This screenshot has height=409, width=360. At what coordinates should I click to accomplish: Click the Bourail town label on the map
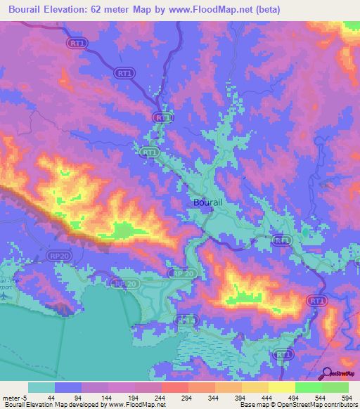(207, 202)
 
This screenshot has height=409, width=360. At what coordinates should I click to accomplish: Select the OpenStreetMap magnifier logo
(327, 373)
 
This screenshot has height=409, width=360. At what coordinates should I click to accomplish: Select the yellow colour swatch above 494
(282, 387)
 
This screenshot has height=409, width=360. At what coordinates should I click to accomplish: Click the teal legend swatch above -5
(41, 387)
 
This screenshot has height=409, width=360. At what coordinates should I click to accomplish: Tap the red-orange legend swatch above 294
(174, 387)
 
